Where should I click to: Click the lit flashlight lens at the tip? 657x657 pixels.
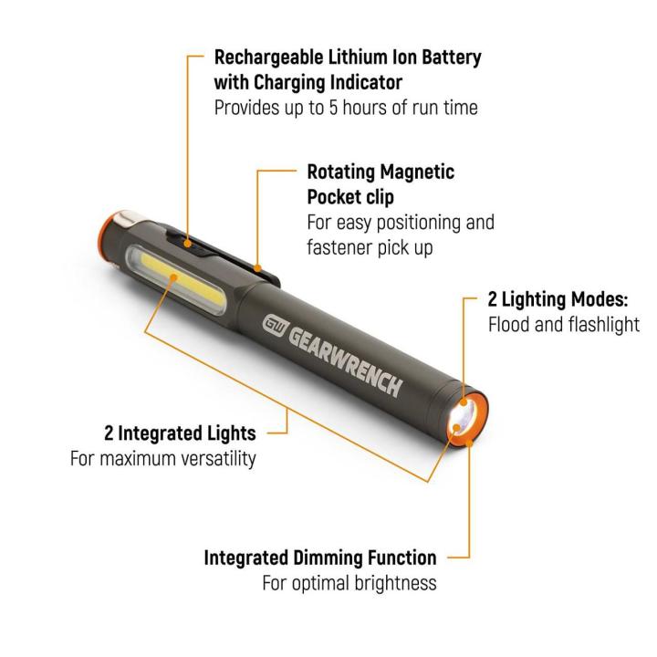464,420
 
